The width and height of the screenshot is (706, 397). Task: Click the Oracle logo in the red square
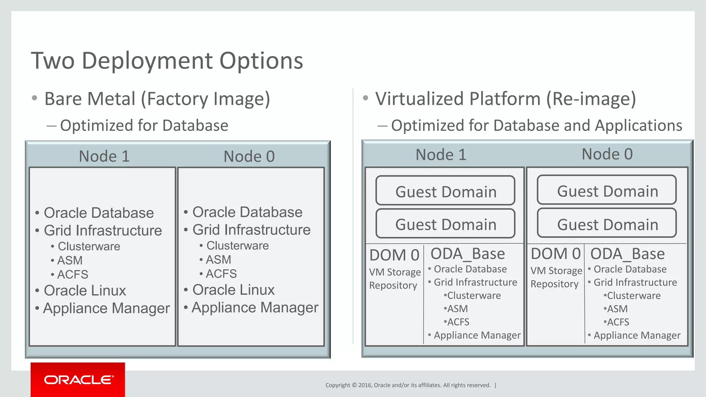(x=78, y=380)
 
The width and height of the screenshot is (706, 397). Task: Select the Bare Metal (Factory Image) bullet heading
(x=157, y=99)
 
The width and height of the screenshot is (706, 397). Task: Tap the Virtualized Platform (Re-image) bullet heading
(x=505, y=99)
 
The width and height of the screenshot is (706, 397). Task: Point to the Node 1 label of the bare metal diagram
(x=104, y=156)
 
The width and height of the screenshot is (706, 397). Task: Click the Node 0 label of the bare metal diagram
(x=249, y=156)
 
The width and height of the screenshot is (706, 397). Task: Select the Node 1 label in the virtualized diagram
(x=441, y=154)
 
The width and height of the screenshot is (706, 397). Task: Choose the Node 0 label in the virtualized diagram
(x=607, y=154)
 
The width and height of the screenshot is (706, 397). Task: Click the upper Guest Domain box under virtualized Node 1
(x=445, y=191)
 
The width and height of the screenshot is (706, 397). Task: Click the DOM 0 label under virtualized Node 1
(x=394, y=255)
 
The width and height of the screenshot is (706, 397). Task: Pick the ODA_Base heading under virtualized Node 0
(x=627, y=254)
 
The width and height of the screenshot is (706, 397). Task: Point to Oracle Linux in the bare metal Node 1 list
(x=84, y=291)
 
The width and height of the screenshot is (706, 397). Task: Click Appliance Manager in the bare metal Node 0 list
(x=255, y=307)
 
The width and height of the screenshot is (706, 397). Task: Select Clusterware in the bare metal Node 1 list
(x=89, y=246)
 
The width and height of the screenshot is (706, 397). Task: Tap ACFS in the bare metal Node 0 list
(x=221, y=274)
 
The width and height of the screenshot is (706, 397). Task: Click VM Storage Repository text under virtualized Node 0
(x=556, y=277)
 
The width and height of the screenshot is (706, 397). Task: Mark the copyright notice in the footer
(x=408, y=385)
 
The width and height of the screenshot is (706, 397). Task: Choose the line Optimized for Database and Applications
(x=536, y=125)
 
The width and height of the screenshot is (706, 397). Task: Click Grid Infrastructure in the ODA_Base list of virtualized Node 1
(x=475, y=282)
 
